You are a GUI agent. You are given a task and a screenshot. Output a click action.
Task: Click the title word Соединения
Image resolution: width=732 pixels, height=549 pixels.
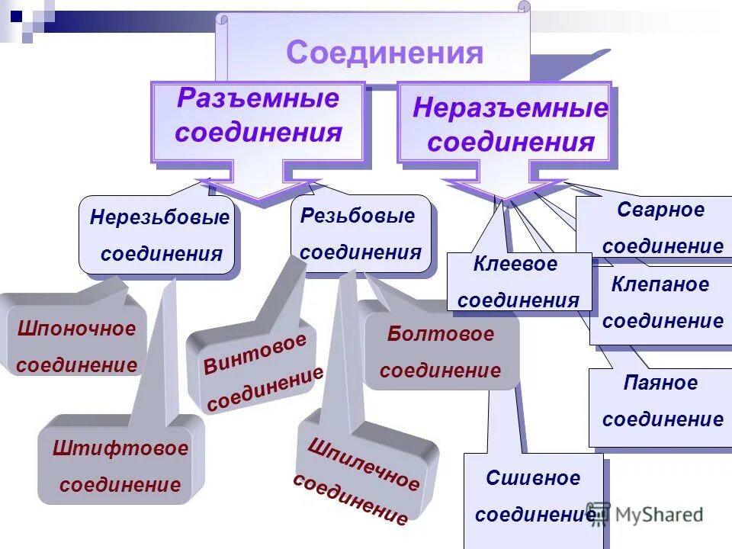384,53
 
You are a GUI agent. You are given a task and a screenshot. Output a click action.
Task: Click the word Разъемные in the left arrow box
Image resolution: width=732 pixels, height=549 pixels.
258,98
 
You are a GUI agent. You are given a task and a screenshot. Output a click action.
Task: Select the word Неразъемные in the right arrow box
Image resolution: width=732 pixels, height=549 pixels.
510,108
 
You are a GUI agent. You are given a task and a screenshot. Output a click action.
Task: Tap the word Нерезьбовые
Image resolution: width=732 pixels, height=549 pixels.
159,217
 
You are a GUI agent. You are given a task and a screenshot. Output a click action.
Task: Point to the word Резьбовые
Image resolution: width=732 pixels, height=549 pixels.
358,216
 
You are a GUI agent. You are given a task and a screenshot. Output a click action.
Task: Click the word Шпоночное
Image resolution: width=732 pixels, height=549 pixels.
76,329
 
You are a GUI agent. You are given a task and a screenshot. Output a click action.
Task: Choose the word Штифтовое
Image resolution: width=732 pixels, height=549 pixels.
120,448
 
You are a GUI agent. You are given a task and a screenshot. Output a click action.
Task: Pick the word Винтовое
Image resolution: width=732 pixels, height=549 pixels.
255,352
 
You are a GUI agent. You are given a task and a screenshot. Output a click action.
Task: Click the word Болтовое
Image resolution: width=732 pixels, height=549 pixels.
441,333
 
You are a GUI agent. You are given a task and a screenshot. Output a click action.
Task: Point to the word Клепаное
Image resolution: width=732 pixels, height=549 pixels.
660,285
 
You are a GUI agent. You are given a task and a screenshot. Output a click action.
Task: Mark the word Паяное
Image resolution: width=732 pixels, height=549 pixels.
660,383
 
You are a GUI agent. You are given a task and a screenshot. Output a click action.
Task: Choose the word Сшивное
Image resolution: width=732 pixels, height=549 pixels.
533,479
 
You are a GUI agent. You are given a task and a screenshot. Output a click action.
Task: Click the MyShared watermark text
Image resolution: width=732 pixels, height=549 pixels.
658,514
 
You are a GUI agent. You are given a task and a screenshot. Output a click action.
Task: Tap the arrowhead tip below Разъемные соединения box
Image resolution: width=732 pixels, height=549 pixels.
258,200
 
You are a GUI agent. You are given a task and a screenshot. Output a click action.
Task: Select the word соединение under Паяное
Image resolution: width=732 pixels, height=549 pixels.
663,419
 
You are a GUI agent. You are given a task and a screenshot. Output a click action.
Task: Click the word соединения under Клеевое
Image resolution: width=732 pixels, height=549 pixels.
518,300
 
